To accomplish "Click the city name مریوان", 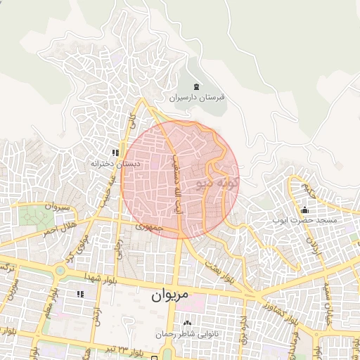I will tap(170, 296).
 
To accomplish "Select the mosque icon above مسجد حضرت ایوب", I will tap(304, 210).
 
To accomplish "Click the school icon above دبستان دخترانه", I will tap(115, 153).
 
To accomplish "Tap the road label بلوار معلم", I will tap(39, 309).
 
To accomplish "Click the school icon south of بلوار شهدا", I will tap(79, 295).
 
